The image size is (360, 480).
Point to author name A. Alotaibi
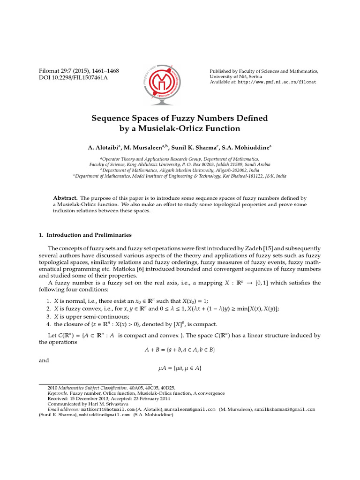coord(102,148)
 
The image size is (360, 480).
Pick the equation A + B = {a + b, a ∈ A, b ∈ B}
coord(180,350)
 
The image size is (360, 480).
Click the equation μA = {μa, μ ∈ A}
coord(180,368)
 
